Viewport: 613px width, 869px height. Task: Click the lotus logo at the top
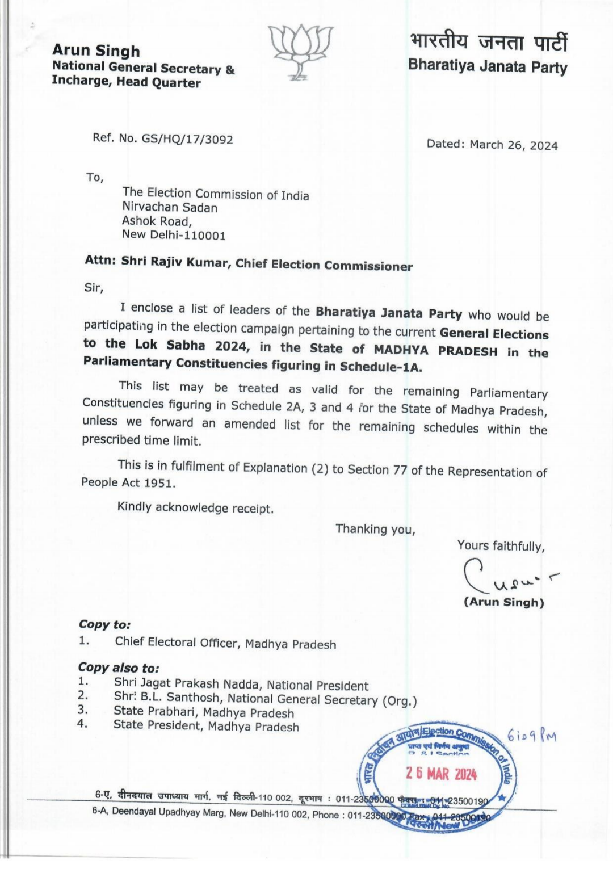point(300,51)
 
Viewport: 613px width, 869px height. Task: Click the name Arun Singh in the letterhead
point(96,51)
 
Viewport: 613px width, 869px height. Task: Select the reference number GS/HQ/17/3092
point(187,139)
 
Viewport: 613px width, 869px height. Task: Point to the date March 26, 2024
point(513,145)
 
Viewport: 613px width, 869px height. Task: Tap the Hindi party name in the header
point(488,41)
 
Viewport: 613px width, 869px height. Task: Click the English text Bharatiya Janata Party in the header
point(488,66)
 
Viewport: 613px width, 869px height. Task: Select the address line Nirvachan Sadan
point(170,208)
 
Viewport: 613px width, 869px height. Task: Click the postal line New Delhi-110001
point(174,235)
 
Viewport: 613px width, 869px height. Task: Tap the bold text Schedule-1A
point(380,367)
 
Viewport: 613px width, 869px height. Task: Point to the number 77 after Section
point(400,470)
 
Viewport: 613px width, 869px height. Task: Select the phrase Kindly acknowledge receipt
point(195,507)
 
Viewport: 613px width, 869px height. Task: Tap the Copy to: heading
point(104,624)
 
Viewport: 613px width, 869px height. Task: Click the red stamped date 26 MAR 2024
point(441,773)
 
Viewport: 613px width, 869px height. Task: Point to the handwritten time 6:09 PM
point(532,736)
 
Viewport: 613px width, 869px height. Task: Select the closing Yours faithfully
point(501,546)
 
